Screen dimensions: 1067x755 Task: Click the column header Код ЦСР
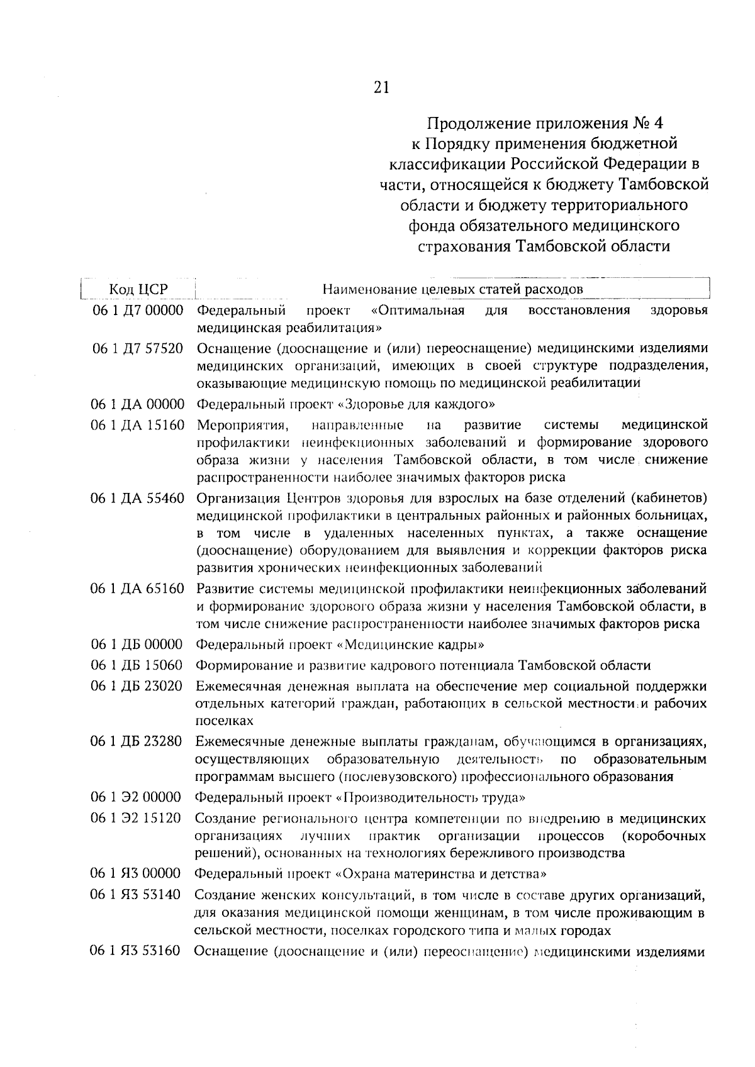(x=138, y=289)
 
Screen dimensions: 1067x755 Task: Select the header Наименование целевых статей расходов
(x=452, y=289)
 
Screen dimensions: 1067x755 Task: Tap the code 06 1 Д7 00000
(x=138, y=311)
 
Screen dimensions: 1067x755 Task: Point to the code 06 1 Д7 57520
(x=138, y=348)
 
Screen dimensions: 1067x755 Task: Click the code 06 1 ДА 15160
(x=138, y=426)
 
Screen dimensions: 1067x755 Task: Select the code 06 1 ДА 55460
(x=138, y=499)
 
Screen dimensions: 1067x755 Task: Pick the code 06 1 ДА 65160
(x=138, y=589)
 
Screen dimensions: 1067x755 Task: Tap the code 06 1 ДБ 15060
(x=138, y=665)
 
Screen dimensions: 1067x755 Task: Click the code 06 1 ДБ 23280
(x=138, y=742)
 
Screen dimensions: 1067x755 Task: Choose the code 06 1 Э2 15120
(x=138, y=819)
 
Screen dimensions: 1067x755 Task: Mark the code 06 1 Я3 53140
(x=138, y=895)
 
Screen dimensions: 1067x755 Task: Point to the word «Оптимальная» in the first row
(x=418, y=311)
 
